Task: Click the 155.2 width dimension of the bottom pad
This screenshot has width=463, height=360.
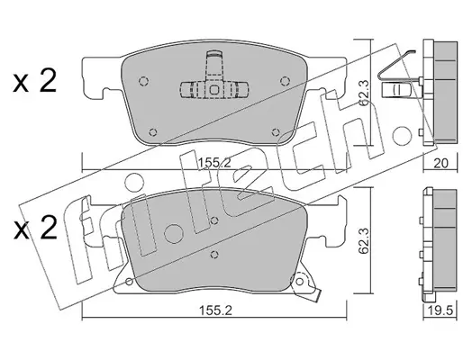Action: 215,310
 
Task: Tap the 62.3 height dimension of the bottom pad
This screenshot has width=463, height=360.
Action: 364,240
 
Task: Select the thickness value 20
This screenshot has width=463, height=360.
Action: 441,163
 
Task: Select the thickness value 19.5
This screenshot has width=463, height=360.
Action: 440,310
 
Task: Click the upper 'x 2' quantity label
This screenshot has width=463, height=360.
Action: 34,81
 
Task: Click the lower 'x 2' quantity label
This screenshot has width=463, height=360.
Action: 35,228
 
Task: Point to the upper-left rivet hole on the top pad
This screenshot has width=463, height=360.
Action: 144,81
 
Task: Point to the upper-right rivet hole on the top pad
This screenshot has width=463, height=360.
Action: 284,81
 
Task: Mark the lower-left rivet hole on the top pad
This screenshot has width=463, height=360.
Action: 153,132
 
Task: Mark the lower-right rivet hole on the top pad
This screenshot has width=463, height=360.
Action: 275,132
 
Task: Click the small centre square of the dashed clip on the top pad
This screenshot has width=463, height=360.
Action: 214,90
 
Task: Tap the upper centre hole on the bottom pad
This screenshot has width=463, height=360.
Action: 214,220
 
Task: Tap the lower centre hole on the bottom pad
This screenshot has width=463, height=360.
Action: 214,255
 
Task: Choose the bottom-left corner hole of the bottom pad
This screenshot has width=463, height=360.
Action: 129,282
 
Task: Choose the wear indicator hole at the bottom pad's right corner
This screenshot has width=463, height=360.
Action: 299,282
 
